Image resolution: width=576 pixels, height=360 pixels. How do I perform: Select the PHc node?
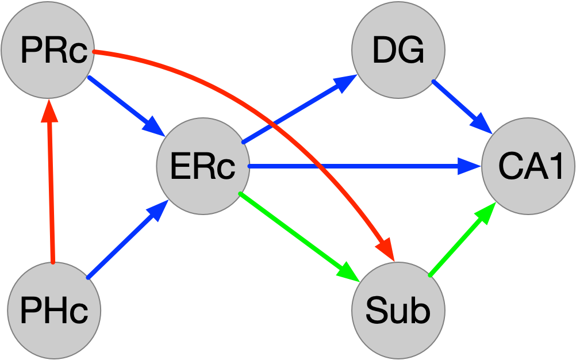[53, 311]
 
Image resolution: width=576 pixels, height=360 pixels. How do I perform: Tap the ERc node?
[203, 166]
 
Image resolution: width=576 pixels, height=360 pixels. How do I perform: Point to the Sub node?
[398, 311]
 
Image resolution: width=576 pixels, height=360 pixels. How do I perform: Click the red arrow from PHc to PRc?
[51, 184]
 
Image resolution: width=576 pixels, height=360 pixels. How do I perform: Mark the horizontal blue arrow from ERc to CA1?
[356, 167]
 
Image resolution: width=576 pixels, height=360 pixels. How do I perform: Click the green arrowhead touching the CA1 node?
[486, 213]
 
